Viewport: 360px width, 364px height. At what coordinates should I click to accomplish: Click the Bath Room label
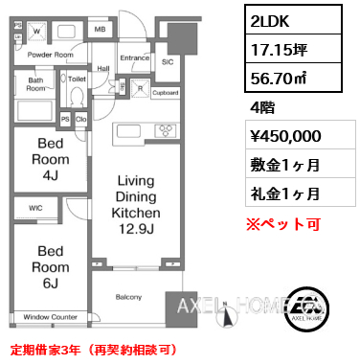tap(36, 84)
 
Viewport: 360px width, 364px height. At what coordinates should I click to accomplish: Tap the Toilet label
tap(78, 80)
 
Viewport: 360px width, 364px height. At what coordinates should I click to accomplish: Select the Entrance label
tap(134, 59)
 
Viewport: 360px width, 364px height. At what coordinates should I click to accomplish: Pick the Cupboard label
tap(165, 93)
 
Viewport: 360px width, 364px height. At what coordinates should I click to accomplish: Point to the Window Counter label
tap(50, 316)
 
